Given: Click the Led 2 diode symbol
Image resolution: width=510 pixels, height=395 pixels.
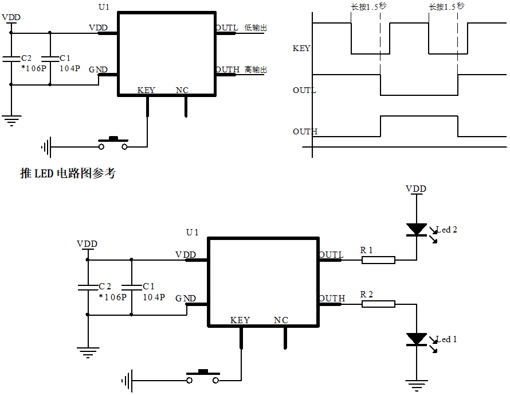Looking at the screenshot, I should pos(417,230).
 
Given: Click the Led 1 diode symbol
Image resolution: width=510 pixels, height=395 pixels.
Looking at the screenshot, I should pos(417,339).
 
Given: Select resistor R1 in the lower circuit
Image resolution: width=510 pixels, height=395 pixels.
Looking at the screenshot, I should pos(378,260).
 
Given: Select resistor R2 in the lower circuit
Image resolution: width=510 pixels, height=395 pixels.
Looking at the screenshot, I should pos(378,304).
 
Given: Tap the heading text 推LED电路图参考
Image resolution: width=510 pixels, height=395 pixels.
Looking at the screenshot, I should pos(68,173).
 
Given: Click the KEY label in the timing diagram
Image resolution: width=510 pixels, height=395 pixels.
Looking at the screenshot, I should pos(301,49).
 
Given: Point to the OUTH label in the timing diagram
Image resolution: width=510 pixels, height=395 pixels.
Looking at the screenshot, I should pos(304,132).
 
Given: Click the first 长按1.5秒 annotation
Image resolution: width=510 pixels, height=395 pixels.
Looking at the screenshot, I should pos(367,7).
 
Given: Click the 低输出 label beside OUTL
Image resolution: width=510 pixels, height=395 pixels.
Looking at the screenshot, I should pos(256,28).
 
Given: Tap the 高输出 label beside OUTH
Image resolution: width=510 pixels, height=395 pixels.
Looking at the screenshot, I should pos(256,70).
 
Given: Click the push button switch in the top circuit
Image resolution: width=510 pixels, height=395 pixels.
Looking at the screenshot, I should pos(113,144).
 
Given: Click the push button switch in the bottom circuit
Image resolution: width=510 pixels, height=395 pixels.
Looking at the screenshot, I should pos(202,376).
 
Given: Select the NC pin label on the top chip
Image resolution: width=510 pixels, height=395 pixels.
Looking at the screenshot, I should pos(182,91).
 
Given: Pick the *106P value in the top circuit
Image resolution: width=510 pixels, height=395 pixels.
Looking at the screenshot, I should pos(34,68).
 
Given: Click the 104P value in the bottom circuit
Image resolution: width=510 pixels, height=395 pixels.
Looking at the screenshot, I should pos(154,297).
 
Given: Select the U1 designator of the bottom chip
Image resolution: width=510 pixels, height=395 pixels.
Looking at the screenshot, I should pos(192,233).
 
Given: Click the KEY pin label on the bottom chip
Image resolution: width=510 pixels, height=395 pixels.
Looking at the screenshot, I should pos(240,320).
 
